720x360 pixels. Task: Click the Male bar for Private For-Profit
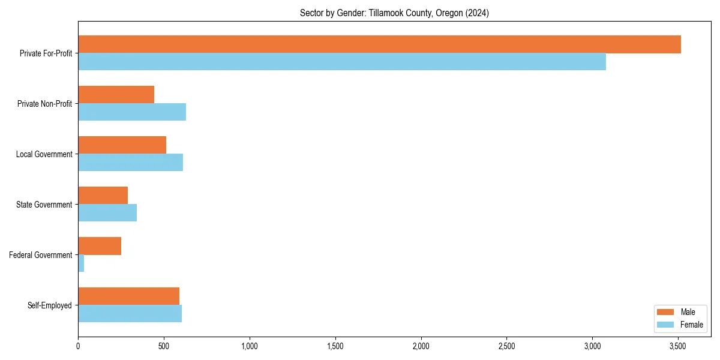click(379, 44)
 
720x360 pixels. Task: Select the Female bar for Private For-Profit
click(342, 62)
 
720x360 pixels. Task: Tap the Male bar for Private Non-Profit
click(116, 95)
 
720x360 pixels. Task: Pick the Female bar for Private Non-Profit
click(132, 112)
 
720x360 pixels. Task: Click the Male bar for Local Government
click(122, 145)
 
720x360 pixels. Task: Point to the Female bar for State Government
click(107, 213)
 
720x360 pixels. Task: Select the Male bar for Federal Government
click(100, 246)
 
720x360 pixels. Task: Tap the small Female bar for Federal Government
click(81, 263)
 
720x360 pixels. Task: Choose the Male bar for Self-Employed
click(128, 296)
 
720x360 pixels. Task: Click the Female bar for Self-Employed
click(130, 314)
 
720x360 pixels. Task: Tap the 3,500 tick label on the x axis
click(678, 346)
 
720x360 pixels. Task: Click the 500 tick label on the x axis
click(164, 346)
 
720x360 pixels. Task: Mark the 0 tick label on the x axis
click(78, 346)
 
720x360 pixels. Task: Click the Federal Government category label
click(41, 255)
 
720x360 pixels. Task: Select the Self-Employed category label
click(50, 305)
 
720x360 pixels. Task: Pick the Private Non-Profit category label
click(44, 104)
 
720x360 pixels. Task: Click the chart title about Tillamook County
click(394, 13)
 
